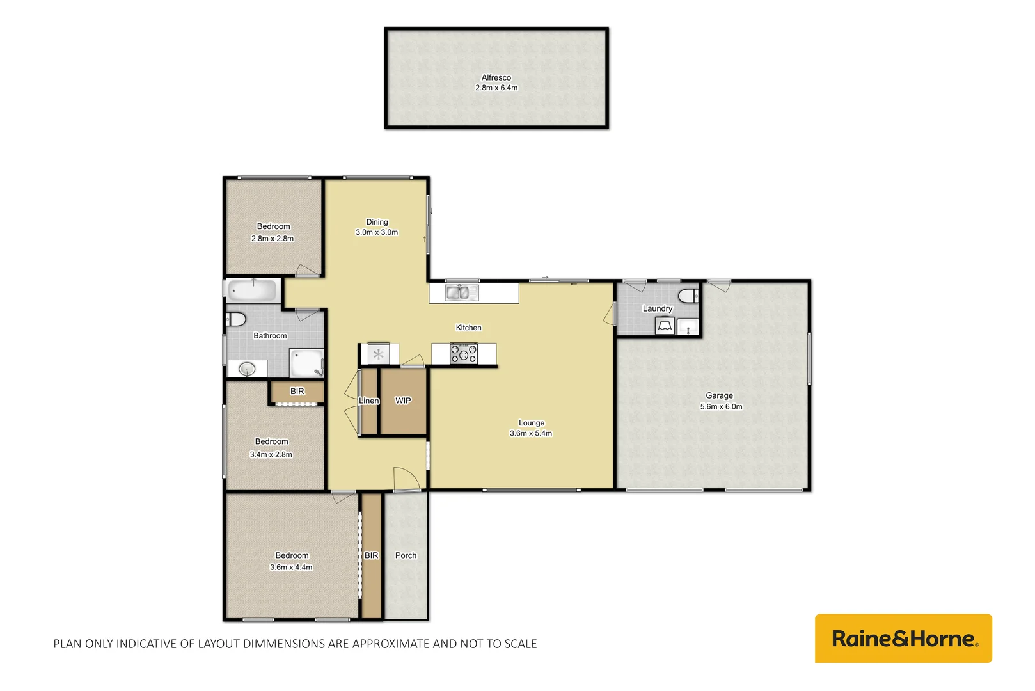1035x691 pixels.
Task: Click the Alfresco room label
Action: pyautogui.click(x=496, y=77)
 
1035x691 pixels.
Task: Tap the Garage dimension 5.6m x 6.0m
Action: pyautogui.click(x=721, y=407)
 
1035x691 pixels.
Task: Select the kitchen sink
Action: pyautogui.click(x=461, y=293)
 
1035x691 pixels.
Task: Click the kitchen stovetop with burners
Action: pyautogui.click(x=464, y=354)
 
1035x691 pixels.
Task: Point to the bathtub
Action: pyautogui.click(x=253, y=290)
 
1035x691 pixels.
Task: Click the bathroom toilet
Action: pyautogui.click(x=236, y=319)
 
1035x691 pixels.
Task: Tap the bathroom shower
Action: pyautogui.click(x=307, y=363)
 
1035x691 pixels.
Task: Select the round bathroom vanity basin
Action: pyautogui.click(x=247, y=369)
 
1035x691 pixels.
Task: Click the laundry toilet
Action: pyautogui.click(x=688, y=296)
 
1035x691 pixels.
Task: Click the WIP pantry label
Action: pyautogui.click(x=403, y=401)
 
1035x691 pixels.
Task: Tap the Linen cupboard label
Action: pyautogui.click(x=369, y=401)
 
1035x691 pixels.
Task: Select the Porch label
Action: pyautogui.click(x=406, y=555)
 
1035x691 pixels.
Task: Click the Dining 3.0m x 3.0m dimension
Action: pyautogui.click(x=377, y=232)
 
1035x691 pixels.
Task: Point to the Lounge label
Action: pyautogui.click(x=532, y=423)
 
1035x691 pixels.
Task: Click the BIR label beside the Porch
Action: pyautogui.click(x=371, y=555)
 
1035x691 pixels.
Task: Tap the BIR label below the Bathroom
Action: pyautogui.click(x=297, y=392)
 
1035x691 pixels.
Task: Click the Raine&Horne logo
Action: pyautogui.click(x=903, y=639)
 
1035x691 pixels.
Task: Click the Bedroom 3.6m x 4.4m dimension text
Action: pyautogui.click(x=291, y=568)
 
